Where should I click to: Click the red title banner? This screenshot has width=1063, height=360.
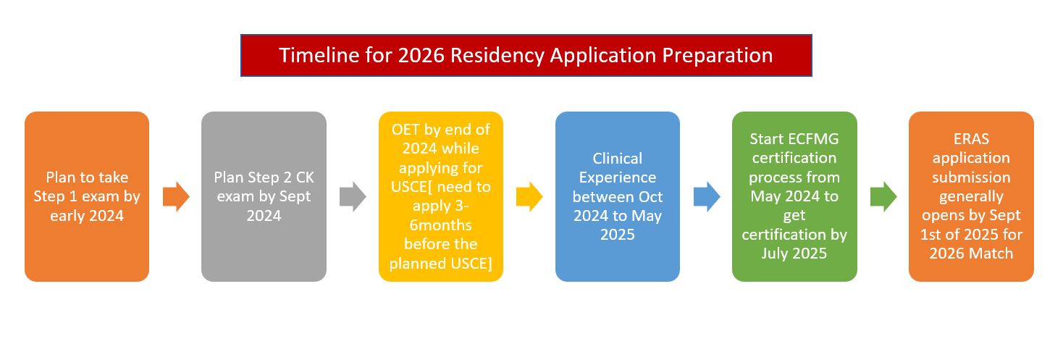[526, 55]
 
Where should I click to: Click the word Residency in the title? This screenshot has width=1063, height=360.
[497, 56]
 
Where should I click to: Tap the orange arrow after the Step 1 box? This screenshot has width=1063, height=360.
[176, 196]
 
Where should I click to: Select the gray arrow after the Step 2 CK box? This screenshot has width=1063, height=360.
[353, 196]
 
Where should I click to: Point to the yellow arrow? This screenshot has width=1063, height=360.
[529, 196]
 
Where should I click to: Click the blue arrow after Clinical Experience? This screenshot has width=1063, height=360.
[707, 196]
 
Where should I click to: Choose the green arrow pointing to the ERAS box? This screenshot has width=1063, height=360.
[883, 196]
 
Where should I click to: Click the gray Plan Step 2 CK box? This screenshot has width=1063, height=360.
[264, 196]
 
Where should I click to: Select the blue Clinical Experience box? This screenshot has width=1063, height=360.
[618, 196]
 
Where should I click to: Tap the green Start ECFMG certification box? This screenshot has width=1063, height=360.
[794, 196]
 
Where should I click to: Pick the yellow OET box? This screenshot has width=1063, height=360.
[441, 196]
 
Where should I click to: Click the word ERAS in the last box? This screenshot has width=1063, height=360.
[972, 138]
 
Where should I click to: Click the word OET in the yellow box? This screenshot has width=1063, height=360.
[406, 129]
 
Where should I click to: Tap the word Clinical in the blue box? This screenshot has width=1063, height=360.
[618, 158]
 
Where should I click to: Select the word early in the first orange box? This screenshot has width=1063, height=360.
[68, 216]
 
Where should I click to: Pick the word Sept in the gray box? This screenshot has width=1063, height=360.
[295, 196]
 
